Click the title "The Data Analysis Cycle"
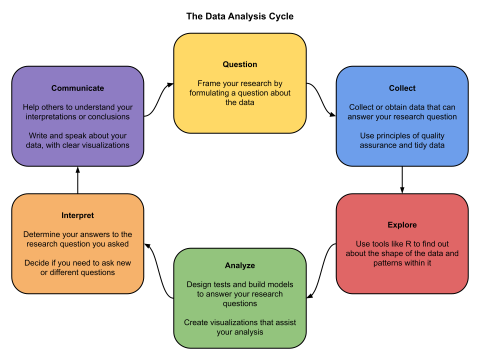(240, 16)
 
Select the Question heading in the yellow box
(240, 64)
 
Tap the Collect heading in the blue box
(402, 88)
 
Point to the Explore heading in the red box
(402, 225)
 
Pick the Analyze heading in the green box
(240, 265)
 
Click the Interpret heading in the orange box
(77, 215)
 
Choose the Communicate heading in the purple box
(77, 88)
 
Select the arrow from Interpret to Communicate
(77, 180)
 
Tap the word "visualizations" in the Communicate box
(105, 145)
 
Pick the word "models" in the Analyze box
(280, 284)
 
